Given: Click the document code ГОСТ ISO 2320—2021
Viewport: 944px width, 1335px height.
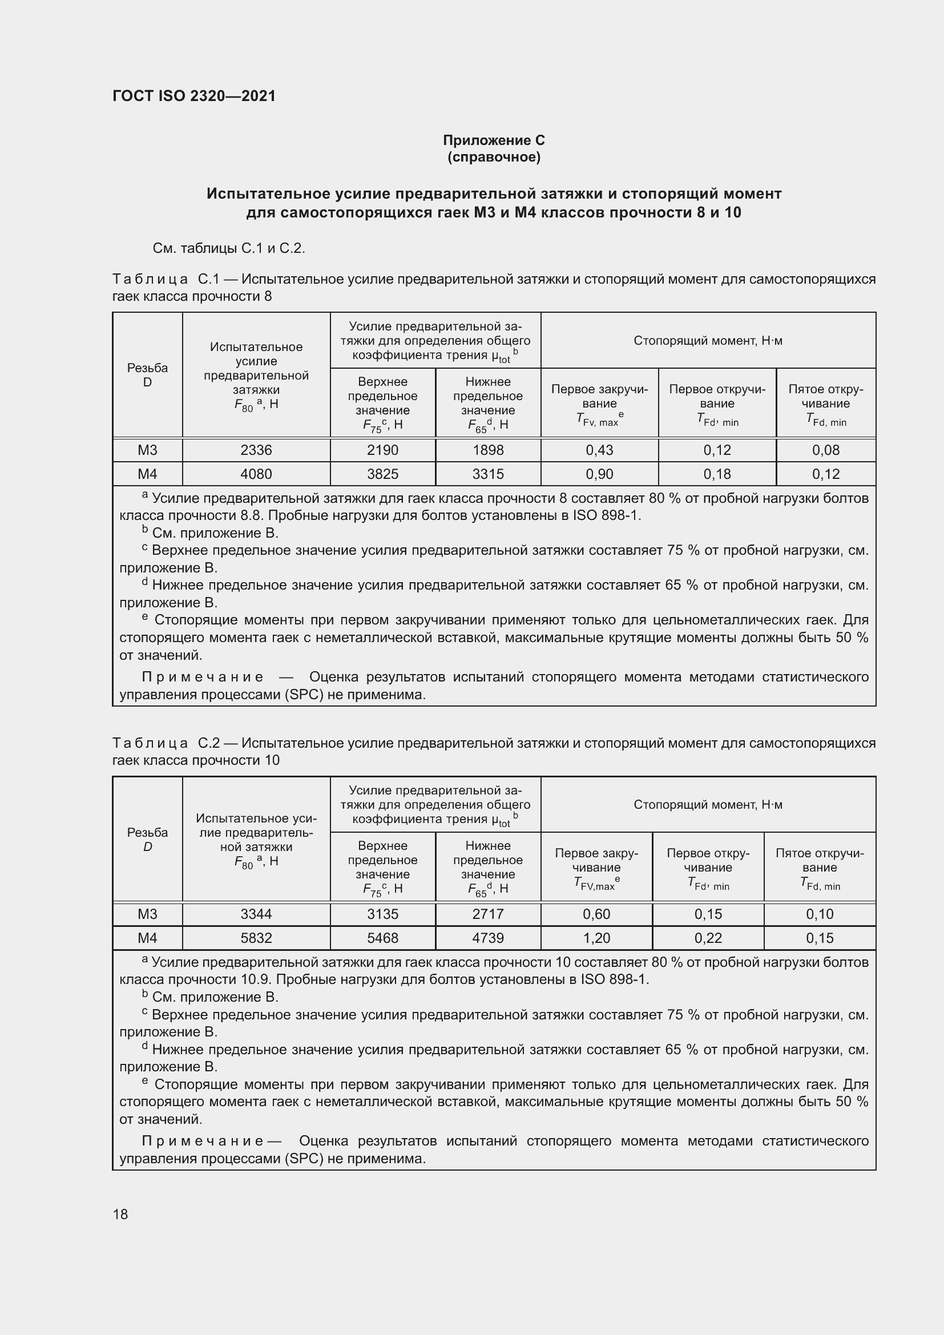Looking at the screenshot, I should tap(194, 96).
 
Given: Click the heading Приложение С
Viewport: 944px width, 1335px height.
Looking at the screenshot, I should tap(494, 140).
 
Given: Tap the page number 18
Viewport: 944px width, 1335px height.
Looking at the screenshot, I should tap(120, 1214).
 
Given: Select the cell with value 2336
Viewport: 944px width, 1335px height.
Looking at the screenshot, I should tap(256, 450).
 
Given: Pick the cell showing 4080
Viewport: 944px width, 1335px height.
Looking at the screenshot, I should tap(256, 474).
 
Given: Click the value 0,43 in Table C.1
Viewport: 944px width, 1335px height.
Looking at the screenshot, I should tap(599, 450).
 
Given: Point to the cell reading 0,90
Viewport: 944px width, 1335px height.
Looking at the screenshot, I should tap(599, 474).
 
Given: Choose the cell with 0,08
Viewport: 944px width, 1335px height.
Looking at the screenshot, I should tap(825, 450).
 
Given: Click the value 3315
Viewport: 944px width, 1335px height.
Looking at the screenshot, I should tap(487, 474).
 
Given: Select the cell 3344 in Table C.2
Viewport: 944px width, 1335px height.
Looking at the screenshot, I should tap(256, 914).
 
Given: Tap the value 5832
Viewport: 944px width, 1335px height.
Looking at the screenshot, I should tap(256, 938).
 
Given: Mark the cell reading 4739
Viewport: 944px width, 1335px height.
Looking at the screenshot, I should tap(487, 938).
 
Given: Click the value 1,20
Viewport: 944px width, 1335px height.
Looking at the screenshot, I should tap(596, 938).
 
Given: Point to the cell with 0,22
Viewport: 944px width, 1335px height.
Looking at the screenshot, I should tap(708, 938).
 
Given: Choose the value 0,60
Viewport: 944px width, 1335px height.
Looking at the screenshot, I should tap(596, 914).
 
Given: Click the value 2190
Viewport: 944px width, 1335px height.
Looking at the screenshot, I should tap(382, 450).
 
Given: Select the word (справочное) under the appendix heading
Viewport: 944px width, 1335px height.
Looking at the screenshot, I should tap(494, 157).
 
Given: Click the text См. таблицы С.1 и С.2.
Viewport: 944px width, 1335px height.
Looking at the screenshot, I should tap(228, 248).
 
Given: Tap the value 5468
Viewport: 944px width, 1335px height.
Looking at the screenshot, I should tap(382, 938).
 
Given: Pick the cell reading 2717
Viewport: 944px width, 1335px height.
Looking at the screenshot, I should tap(487, 914).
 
